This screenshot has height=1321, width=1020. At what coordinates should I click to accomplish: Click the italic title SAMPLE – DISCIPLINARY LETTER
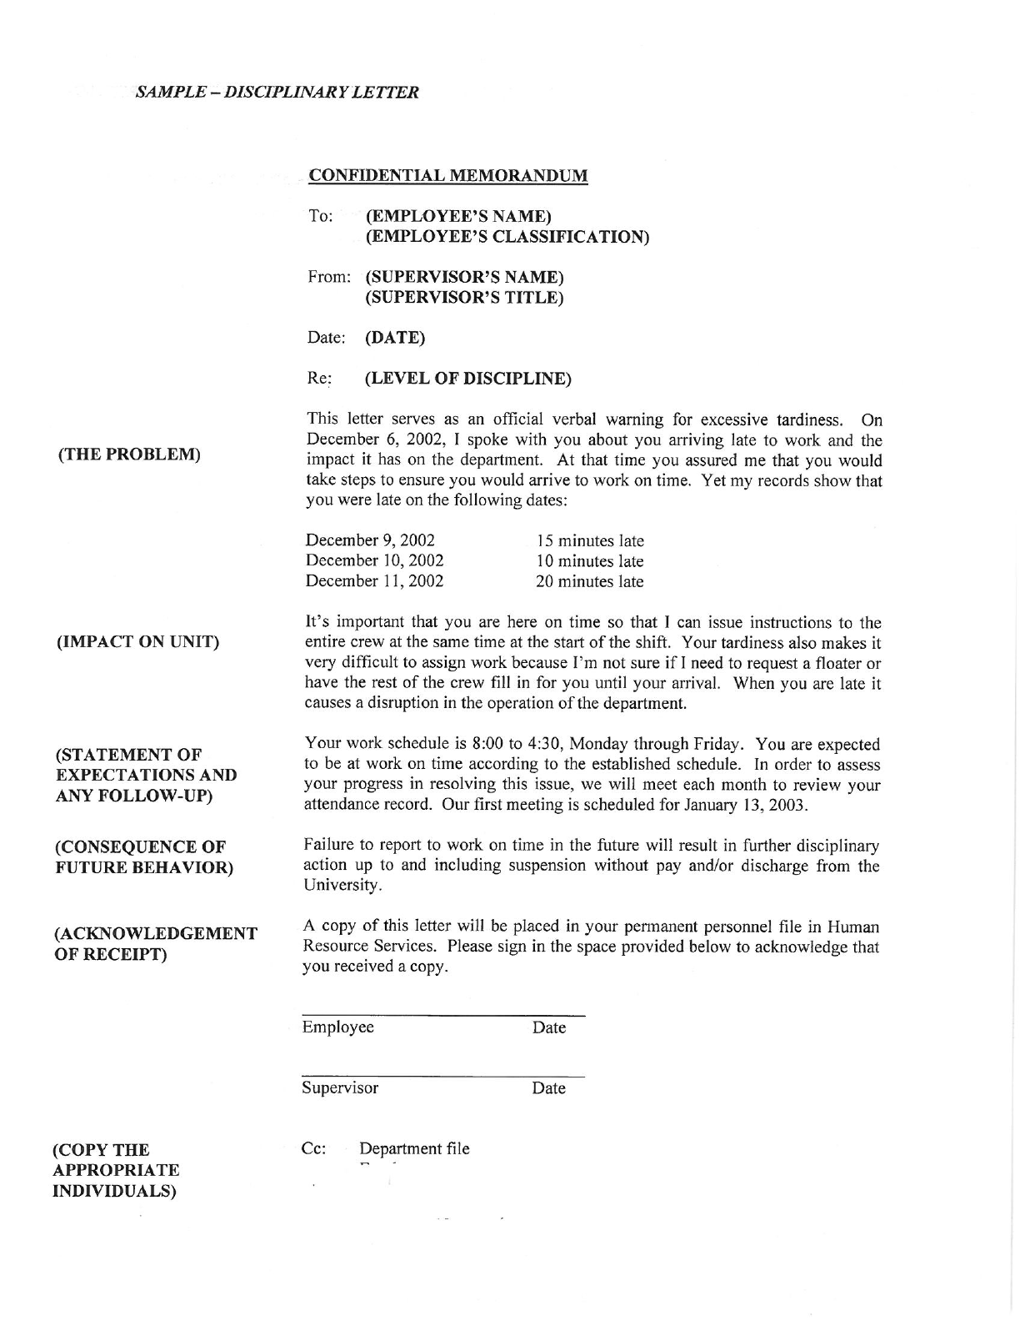coord(277,92)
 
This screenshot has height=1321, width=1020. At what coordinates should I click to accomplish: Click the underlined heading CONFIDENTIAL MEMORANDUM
coord(447,175)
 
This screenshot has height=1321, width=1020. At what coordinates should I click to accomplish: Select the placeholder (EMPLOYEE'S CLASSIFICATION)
coord(507,236)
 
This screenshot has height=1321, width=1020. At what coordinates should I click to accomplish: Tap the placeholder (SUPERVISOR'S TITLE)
coord(464,297)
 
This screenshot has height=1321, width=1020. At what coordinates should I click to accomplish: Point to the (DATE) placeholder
coord(395,338)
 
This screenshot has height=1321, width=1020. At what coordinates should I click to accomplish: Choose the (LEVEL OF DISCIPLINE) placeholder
coord(468,379)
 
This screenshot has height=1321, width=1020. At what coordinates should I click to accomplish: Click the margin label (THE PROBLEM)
coord(129,455)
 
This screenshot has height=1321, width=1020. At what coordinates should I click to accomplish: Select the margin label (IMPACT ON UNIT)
coord(137,641)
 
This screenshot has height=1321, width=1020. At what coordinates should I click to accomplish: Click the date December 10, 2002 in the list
coord(374,560)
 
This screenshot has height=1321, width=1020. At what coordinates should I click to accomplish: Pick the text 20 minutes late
coord(589,581)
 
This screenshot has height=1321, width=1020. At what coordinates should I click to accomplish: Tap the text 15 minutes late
coord(589,540)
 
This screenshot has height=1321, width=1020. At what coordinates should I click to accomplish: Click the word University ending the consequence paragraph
coord(342,886)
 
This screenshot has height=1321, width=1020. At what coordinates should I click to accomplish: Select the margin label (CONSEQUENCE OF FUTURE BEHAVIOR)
coord(143,857)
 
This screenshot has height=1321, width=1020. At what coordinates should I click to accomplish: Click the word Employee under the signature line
coord(337,1027)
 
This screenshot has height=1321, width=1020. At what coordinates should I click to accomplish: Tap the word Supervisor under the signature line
coord(340,1087)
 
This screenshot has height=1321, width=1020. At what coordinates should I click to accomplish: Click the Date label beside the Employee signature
coord(548,1027)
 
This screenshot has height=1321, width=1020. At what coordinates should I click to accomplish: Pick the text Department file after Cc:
coord(414,1148)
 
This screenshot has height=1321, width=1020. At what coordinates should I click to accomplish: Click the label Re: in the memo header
coord(319,379)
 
